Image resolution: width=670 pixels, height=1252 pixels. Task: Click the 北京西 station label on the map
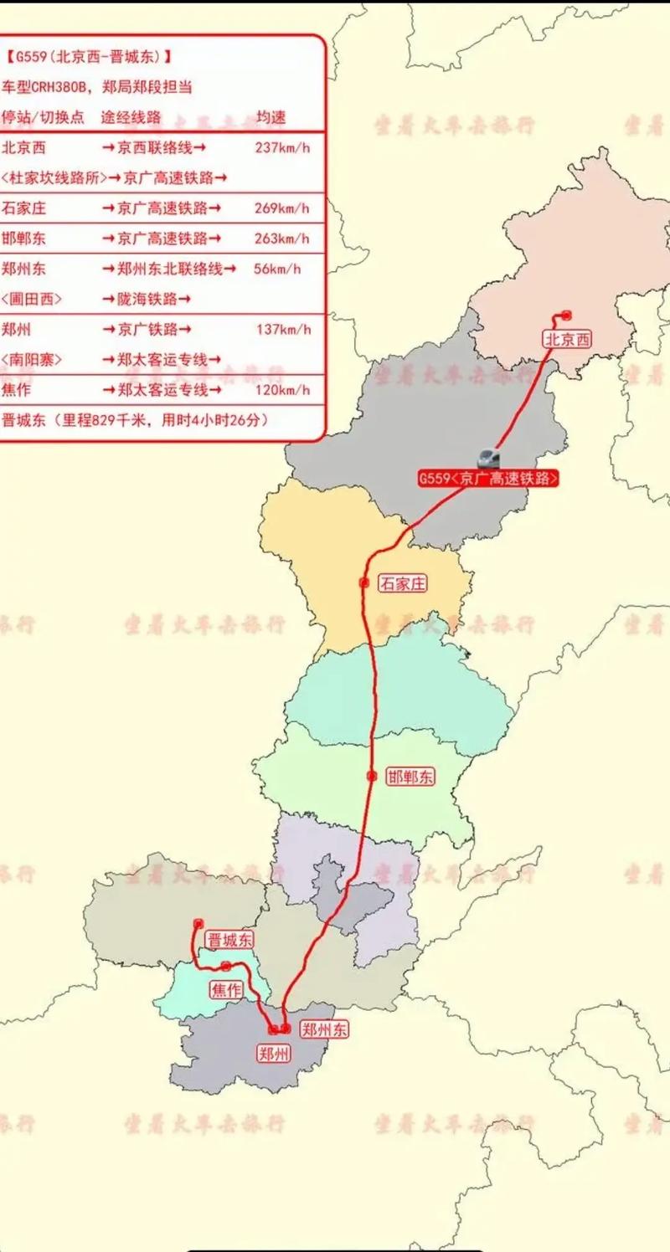(x=567, y=339)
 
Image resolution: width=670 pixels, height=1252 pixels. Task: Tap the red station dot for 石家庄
(x=363, y=582)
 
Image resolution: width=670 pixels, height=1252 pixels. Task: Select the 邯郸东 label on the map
(x=410, y=777)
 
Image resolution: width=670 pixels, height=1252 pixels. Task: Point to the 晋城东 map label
(x=229, y=941)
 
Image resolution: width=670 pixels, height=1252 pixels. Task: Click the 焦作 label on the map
(x=226, y=990)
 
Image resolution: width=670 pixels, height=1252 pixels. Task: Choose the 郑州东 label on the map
(x=324, y=1030)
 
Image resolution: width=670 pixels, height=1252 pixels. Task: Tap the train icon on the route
(x=487, y=457)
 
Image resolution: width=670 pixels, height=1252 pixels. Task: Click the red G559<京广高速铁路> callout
(x=488, y=479)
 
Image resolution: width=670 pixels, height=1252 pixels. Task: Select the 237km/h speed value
(x=282, y=147)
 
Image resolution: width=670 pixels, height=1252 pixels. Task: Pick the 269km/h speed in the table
(x=282, y=208)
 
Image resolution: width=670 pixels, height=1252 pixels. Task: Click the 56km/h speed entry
(x=276, y=269)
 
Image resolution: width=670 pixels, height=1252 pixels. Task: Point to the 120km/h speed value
(x=282, y=390)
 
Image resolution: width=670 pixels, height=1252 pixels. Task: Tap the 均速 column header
(x=271, y=116)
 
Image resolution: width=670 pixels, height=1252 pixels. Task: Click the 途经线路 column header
(x=131, y=116)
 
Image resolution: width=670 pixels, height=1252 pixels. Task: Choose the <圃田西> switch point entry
(x=32, y=299)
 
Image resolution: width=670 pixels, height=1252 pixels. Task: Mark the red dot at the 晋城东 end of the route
(x=198, y=924)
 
